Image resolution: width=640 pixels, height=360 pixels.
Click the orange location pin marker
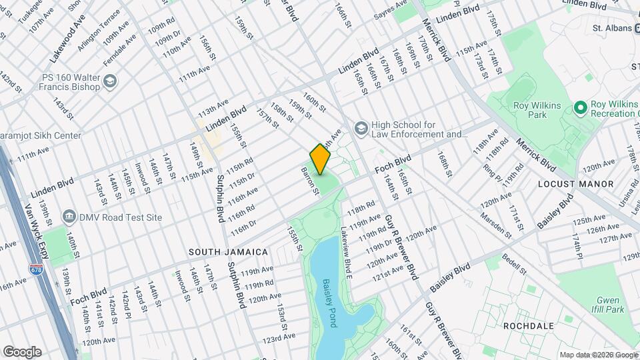320,158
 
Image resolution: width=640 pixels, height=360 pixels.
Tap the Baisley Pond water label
330,303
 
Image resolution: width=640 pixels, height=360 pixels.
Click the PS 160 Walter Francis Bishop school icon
110,83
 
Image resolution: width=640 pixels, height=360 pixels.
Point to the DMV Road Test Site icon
69,217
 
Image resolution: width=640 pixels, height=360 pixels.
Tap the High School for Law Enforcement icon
361,127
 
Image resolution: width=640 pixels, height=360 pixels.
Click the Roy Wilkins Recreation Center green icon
579,107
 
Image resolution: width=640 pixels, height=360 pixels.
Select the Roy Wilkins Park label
530,110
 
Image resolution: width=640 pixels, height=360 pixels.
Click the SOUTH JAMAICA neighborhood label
228,252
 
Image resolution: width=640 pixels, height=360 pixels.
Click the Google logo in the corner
21,351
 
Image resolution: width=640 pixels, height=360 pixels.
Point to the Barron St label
309,181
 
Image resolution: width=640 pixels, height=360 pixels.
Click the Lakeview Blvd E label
346,251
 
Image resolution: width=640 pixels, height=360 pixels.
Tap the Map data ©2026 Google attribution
598,355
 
